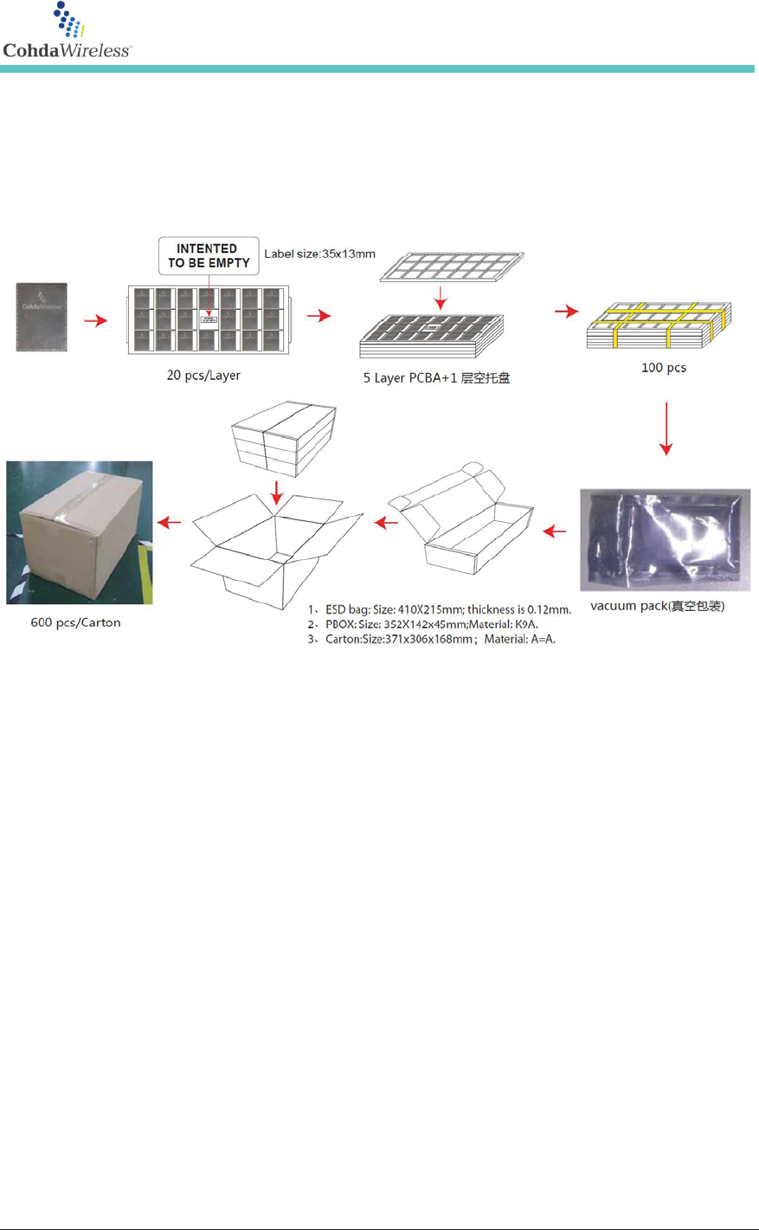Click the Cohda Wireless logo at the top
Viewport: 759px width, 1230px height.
[67, 32]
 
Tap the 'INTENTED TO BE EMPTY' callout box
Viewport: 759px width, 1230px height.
[209, 255]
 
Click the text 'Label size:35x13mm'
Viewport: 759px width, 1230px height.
[319, 254]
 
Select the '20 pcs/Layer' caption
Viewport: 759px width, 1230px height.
[203, 375]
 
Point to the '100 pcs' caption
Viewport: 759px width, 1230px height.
[663, 367]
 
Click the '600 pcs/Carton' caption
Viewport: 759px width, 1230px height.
[75, 621]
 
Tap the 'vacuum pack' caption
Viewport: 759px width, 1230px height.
[657, 606]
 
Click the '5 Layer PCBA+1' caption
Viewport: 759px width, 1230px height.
[436, 377]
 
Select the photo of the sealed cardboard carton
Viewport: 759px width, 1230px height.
[80, 532]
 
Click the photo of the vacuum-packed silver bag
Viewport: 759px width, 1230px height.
[665, 539]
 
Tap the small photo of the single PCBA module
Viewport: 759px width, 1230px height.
[42, 317]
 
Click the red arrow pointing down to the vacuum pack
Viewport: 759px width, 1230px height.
[666, 428]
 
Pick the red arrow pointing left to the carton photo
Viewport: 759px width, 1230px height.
[170, 522]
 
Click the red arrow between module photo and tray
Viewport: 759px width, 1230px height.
[95, 320]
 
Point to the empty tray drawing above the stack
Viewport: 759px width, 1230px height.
[453, 266]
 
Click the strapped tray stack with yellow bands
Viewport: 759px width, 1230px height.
[659, 326]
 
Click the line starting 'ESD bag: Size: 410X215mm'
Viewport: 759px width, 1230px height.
[447, 609]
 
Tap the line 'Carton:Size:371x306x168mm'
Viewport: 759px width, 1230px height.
[440, 639]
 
